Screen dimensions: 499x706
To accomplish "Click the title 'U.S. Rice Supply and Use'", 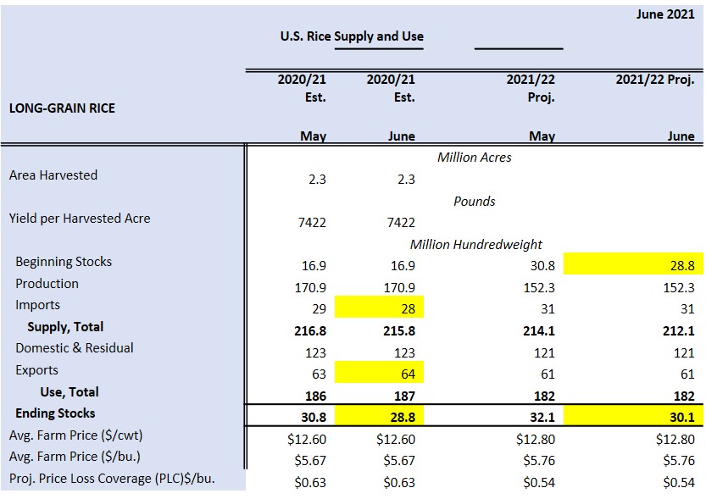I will coord(352,36).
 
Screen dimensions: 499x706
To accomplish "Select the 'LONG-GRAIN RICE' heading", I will coord(62,108).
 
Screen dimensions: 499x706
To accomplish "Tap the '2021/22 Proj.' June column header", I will coord(654,80).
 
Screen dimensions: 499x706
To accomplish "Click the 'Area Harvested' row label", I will coord(53,175).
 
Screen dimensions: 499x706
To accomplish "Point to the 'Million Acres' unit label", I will coord(474,157).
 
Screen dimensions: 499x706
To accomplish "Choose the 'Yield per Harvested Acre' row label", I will coord(80,219).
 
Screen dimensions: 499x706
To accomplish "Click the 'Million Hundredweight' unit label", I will coord(475,244).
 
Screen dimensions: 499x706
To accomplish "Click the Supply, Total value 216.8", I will coord(309,330).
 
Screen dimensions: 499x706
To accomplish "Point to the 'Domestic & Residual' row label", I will coord(75,348).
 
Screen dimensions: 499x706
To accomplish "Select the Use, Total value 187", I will coord(404,396).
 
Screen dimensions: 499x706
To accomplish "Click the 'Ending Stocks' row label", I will coord(55,413).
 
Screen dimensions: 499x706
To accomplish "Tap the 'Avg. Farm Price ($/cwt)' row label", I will coord(75,436).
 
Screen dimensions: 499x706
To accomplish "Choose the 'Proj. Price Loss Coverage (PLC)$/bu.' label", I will coord(112,479).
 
